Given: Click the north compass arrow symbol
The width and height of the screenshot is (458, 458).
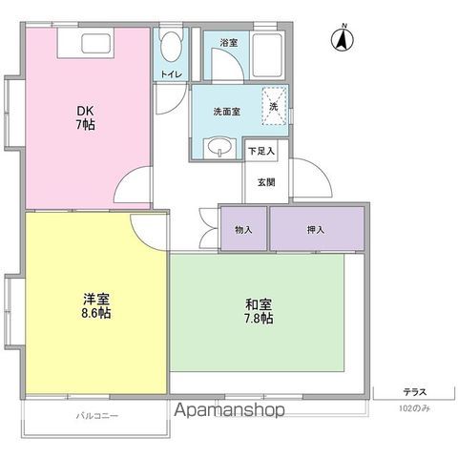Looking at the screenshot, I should [340, 40].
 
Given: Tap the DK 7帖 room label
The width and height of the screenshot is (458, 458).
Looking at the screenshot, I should [86, 116].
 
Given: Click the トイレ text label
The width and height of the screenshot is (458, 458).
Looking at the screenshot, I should [171, 73].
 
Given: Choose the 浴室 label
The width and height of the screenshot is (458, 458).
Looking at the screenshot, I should [228, 43].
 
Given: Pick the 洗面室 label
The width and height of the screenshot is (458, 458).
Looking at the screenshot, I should [226, 111].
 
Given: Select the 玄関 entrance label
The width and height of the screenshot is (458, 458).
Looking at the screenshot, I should [264, 182].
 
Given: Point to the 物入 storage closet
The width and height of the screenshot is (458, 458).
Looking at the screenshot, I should [243, 229].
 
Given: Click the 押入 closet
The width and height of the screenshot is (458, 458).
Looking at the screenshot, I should [317, 229].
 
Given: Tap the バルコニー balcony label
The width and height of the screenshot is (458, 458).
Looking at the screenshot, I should [96, 416].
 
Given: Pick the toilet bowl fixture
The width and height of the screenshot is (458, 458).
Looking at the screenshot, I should [172, 48].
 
